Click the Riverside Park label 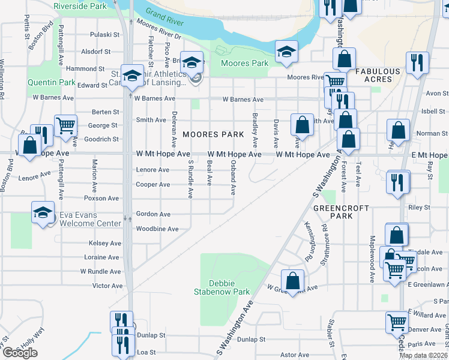80,5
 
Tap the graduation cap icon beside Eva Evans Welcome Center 43,212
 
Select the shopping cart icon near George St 65,125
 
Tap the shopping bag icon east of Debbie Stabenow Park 292,280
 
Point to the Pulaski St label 105,35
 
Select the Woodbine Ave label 157,229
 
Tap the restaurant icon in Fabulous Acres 417,62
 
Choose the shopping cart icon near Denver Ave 397,322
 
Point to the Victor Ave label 108,286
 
